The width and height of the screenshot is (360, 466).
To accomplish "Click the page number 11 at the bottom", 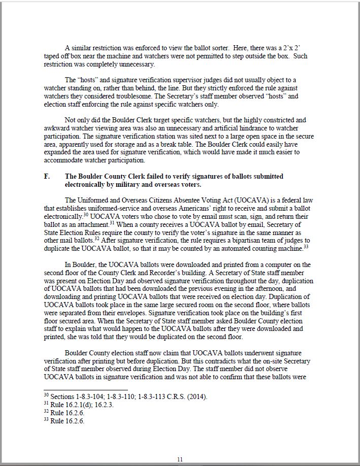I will (x=180, y=459).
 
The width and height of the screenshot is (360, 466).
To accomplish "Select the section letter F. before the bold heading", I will (x=47, y=176).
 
